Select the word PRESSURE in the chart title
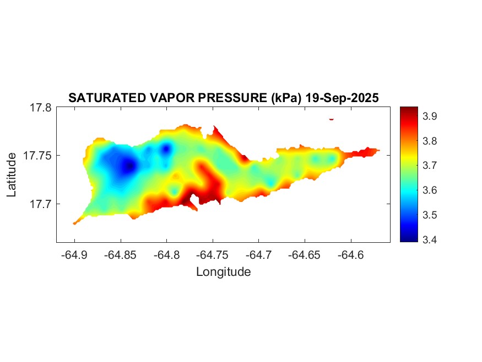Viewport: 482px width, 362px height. tap(234, 98)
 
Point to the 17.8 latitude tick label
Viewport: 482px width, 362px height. tap(41, 108)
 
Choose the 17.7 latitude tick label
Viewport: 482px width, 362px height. tap(41, 204)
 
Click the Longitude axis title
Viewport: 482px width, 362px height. tap(223, 271)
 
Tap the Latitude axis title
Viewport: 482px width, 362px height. tap(12, 175)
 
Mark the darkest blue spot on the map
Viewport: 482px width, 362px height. tap(129, 166)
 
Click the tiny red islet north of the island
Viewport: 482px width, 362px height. tap(332, 119)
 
